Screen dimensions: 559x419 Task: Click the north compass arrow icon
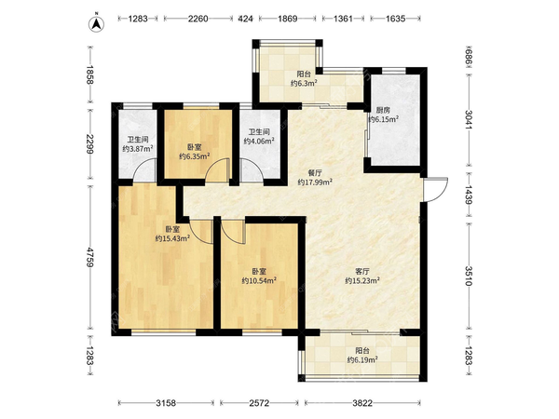tap(96, 23)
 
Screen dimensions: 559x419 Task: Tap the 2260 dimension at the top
tap(198, 19)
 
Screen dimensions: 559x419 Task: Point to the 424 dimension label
tap(245, 19)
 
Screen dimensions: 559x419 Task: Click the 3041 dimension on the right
tap(469, 120)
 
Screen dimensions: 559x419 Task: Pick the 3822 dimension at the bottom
tap(362, 403)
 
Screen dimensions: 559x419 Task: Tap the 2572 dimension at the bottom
tap(259, 403)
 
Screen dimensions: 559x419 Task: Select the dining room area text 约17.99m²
tap(315, 182)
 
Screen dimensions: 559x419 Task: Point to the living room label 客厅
tap(361, 272)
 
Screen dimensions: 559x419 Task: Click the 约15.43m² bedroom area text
tap(172, 238)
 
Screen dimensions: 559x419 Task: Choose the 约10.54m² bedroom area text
tap(259, 281)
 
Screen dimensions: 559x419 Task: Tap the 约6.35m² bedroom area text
tap(194, 156)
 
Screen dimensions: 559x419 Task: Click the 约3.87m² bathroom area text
tap(138, 149)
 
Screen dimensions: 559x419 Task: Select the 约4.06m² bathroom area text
tap(259, 141)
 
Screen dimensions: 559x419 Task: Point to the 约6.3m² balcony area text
tap(304, 84)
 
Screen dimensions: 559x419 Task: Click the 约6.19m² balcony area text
tap(362, 359)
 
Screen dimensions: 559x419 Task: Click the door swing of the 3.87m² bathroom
tap(144, 170)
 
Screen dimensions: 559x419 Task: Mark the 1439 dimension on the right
tap(469, 195)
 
